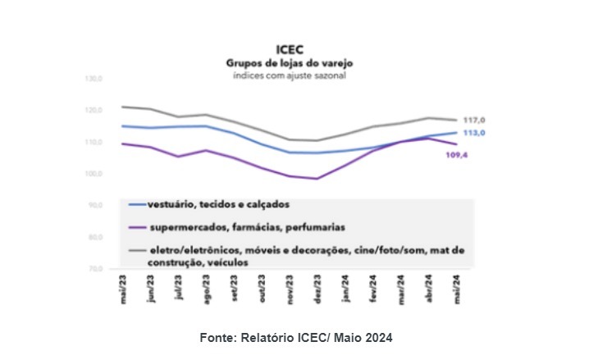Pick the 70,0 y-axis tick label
pyautogui.click(x=94, y=269)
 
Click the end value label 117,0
pyautogui.click(x=475, y=120)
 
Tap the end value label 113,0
pyautogui.click(x=475, y=133)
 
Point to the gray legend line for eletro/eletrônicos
pyautogui.click(x=137, y=250)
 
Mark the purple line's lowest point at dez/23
pyautogui.click(x=317, y=179)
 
